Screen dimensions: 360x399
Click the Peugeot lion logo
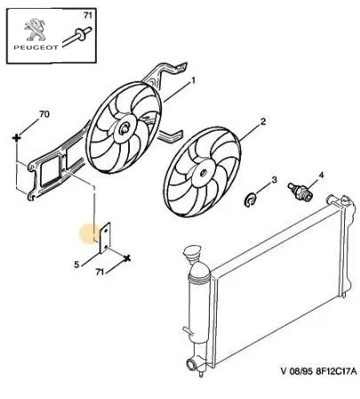pyautogui.click(x=35, y=30)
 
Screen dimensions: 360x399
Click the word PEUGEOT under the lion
pyautogui.click(x=36, y=47)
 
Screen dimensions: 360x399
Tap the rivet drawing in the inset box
pyautogui.click(x=77, y=36)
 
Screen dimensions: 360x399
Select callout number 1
pyautogui.click(x=193, y=80)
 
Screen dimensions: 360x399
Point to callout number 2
pyautogui.click(x=263, y=122)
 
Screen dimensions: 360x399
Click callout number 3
pyautogui.click(x=275, y=180)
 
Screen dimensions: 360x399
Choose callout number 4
pyautogui.click(x=321, y=175)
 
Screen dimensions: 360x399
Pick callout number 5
pyautogui.click(x=76, y=265)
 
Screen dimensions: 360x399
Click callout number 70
pyautogui.click(x=44, y=114)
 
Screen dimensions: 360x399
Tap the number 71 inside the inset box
pyautogui.click(x=88, y=15)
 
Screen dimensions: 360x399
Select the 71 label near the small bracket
pyautogui.click(x=100, y=271)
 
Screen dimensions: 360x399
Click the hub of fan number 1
pyautogui.click(x=124, y=129)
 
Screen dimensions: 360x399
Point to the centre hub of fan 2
pyautogui.click(x=204, y=172)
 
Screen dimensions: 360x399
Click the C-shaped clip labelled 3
pyautogui.click(x=251, y=200)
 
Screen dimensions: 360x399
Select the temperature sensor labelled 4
pyautogui.click(x=300, y=191)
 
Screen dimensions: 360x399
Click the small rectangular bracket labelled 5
pyautogui.click(x=105, y=238)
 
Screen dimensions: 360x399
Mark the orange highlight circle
pyautogui.click(x=91, y=234)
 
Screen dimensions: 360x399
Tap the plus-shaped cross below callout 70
pyautogui.click(x=17, y=138)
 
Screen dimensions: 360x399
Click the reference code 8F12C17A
pyautogui.click(x=337, y=371)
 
